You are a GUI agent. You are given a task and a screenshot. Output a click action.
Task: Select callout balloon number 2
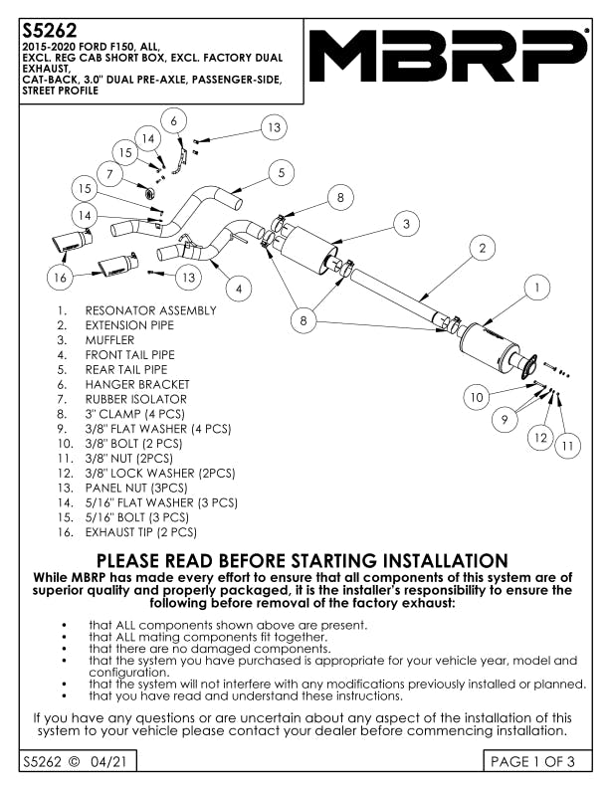(482, 248)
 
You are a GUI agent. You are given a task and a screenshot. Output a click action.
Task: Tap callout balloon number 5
(283, 172)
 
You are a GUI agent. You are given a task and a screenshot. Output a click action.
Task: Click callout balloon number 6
(173, 120)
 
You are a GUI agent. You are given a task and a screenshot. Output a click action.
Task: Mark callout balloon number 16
(61, 277)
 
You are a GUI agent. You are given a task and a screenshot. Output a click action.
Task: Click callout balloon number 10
(477, 397)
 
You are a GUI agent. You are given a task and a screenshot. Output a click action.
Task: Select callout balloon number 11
(568, 447)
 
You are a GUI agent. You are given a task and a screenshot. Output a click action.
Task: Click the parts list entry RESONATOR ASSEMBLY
(150, 310)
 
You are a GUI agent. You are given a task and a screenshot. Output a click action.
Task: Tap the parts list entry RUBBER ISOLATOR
(136, 399)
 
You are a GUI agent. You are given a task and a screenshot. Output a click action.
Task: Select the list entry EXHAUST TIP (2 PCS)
(140, 532)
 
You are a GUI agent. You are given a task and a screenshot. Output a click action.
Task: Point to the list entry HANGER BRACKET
(137, 384)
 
